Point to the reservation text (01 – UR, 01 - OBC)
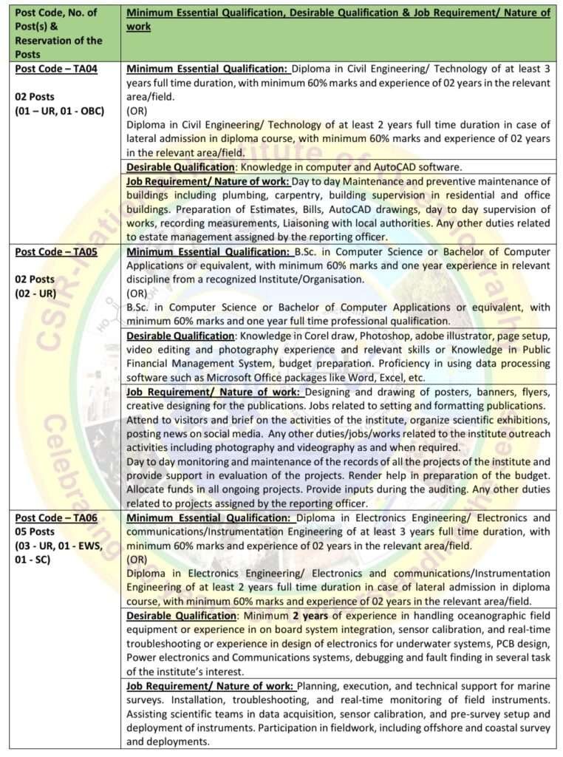60,111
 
